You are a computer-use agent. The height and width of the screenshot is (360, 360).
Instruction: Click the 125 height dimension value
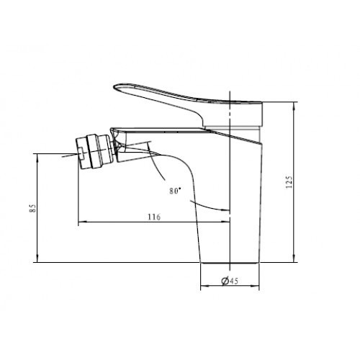289,182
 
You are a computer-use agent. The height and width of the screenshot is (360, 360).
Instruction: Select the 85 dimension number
32,208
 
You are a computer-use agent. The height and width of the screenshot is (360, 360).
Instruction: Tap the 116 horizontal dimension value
154,217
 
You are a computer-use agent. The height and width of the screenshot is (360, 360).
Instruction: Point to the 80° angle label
175,191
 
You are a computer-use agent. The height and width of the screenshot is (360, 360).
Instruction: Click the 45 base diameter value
234,281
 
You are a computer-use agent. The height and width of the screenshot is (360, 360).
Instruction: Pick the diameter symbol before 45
225,280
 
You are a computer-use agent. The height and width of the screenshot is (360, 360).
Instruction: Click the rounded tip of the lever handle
115,87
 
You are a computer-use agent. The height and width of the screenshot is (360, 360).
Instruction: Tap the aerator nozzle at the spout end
95,152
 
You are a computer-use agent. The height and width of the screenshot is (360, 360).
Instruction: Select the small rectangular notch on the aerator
81,153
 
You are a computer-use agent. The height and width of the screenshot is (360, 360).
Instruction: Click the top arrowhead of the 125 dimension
294,105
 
